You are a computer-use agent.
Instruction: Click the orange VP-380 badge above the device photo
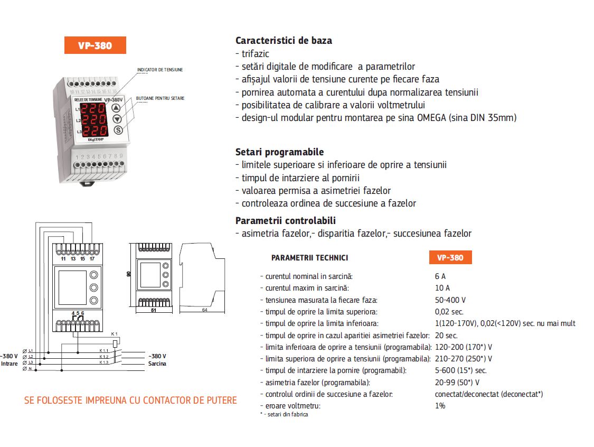tap(95, 45)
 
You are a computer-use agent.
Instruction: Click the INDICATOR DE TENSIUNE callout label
tap(160, 70)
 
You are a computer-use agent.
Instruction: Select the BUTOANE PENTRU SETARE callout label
tap(160, 98)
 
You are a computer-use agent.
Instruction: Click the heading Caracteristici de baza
tap(284, 41)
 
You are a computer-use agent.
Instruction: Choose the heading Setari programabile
tap(279, 152)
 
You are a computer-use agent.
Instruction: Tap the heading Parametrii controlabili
tap(285, 221)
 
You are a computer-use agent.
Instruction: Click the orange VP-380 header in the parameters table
tap(450, 258)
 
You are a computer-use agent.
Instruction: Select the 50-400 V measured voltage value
tap(450, 300)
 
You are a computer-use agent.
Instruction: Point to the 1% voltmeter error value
tap(440, 406)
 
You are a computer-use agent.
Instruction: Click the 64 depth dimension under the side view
tap(204, 310)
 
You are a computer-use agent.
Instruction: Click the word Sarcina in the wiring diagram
tap(157, 364)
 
